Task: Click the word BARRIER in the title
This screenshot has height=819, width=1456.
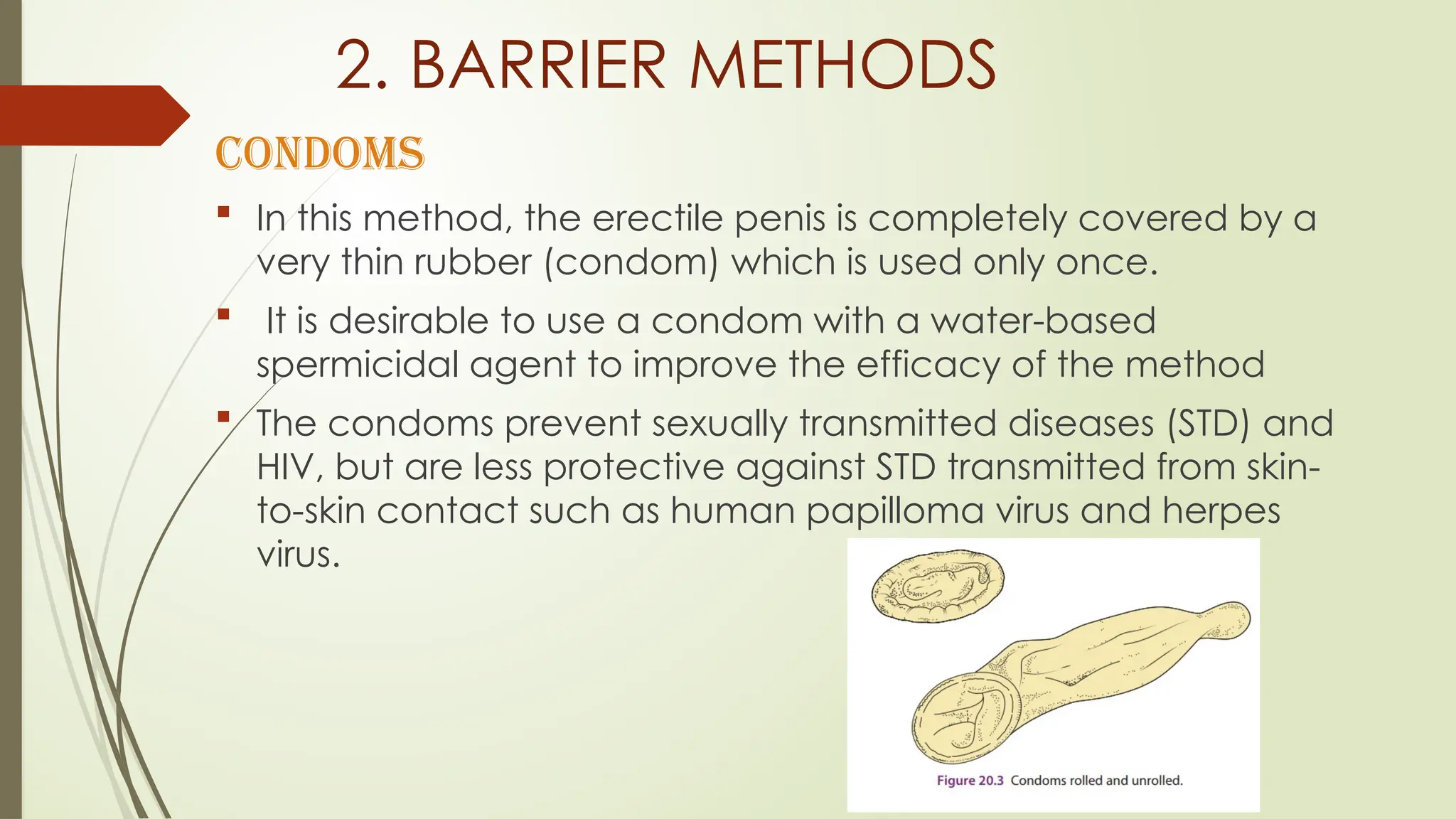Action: [537, 65]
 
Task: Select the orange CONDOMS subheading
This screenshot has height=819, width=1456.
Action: [320, 154]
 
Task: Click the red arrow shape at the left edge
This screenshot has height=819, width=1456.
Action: [92, 115]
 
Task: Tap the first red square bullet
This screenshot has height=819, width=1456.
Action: [224, 211]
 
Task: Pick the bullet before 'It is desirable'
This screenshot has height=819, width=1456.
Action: [224, 314]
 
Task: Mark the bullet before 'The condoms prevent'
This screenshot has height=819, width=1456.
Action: [224, 416]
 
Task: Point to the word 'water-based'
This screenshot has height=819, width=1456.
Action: [1043, 321]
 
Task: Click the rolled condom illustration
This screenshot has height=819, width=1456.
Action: [938, 586]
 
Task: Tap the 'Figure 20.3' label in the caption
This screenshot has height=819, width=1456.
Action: [970, 781]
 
